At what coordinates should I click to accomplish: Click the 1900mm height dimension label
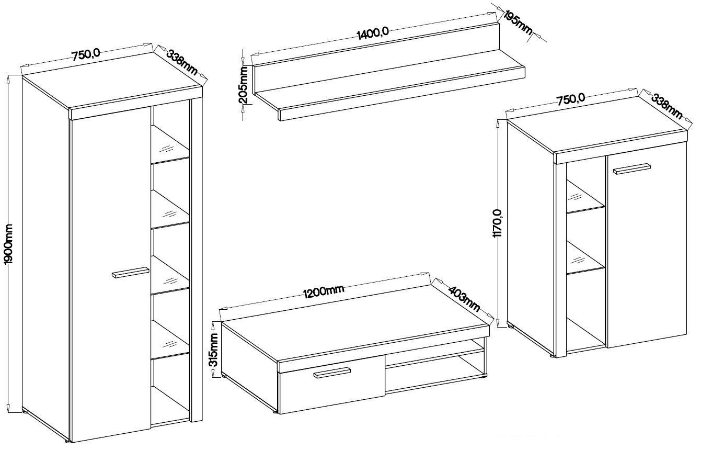[x=8, y=244]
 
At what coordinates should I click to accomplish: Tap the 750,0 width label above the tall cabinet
[x=86, y=55]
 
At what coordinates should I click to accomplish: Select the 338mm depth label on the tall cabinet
[x=181, y=63]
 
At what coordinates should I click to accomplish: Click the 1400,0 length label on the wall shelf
[x=373, y=33]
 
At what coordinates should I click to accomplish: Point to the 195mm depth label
[x=519, y=22]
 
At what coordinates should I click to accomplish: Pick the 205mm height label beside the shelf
[x=243, y=85]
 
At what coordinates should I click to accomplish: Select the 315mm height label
[x=213, y=350]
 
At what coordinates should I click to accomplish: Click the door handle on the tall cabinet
[x=130, y=272]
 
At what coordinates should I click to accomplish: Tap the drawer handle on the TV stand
[x=332, y=373]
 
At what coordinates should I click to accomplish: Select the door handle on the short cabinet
[x=632, y=168]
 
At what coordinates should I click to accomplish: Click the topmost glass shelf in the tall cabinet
[x=170, y=145]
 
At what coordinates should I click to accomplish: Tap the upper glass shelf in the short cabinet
[x=585, y=196]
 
